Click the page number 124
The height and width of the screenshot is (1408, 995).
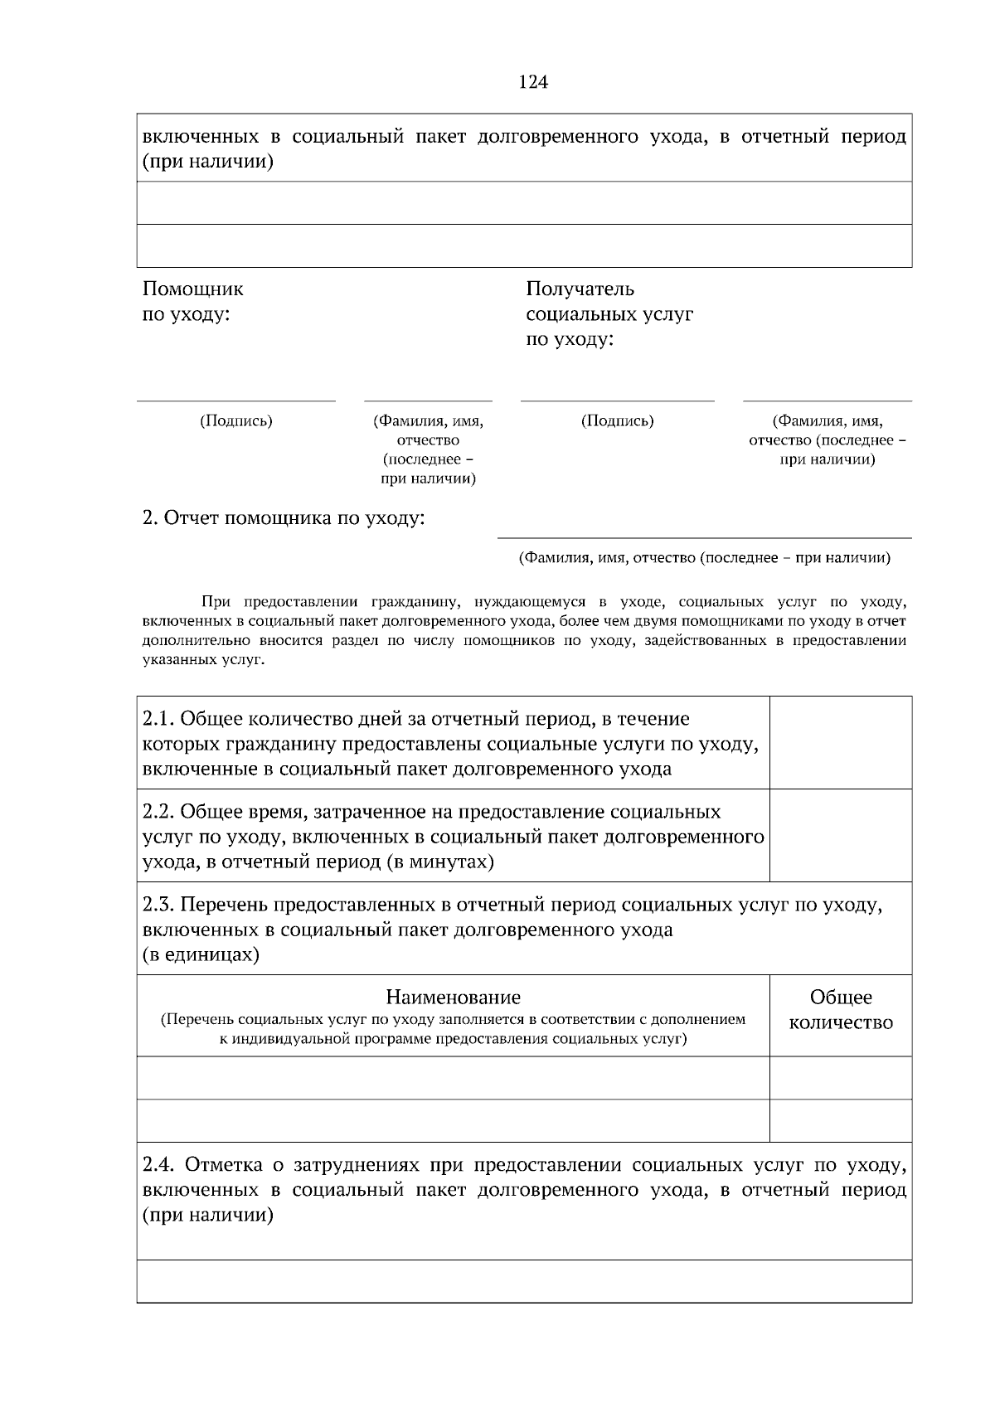(x=533, y=82)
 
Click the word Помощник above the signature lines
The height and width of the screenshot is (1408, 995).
(x=193, y=289)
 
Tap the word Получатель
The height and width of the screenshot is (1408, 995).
(x=580, y=289)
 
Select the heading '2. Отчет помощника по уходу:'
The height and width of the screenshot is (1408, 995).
(x=284, y=518)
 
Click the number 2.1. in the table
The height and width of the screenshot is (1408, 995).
(x=158, y=718)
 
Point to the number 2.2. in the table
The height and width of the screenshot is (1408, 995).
(x=158, y=811)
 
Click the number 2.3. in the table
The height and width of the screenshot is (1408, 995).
(x=158, y=904)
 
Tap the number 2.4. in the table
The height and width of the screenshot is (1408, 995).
(x=158, y=1165)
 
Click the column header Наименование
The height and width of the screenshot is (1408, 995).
(x=453, y=997)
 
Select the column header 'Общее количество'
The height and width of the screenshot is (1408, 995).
(x=841, y=1010)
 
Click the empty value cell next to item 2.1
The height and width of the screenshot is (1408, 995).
(x=841, y=743)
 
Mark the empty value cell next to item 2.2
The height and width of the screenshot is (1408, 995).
(x=841, y=836)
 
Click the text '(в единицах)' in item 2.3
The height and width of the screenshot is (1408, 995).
(x=201, y=955)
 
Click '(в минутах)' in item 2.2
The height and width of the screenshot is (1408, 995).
(x=440, y=862)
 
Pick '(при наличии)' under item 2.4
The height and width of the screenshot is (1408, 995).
(x=208, y=1216)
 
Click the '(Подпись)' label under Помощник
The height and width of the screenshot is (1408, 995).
(x=236, y=421)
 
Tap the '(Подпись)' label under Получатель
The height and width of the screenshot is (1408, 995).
(x=618, y=421)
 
